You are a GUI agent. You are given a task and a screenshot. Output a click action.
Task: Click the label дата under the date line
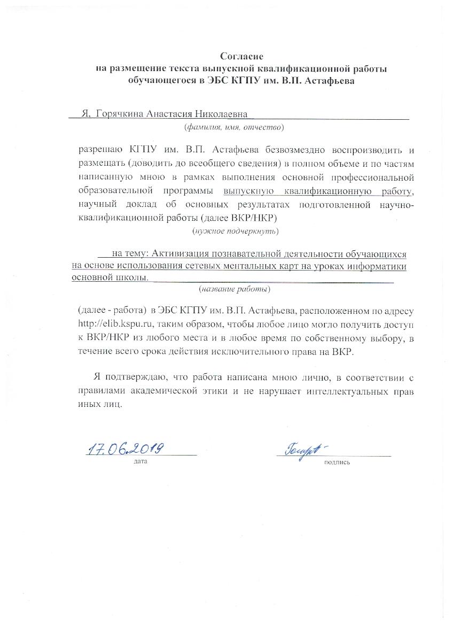[140, 460]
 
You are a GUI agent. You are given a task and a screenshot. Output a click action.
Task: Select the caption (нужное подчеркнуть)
[235, 232]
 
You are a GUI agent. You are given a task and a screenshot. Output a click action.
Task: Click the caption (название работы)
[234, 289]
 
